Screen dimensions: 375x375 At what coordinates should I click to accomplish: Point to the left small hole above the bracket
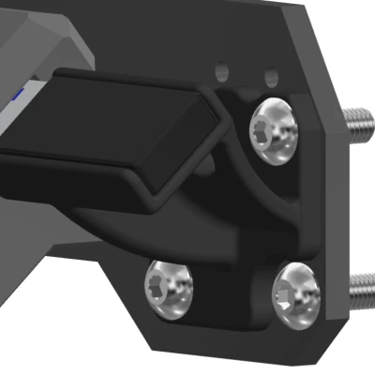[221, 70]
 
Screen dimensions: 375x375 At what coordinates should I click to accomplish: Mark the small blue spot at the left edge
[22, 95]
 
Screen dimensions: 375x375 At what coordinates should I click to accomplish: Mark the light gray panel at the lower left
[37, 281]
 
